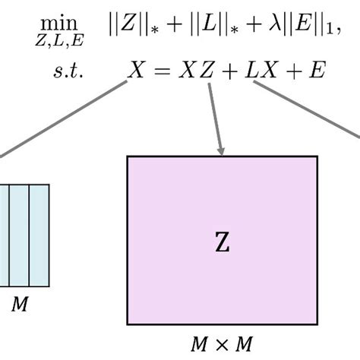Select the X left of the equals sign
[137, 71]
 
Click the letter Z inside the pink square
[221, 243]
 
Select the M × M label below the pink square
[221, 344]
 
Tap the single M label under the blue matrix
[21, 305]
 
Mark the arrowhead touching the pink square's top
[222, 151]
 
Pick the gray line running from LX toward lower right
[308, 110]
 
